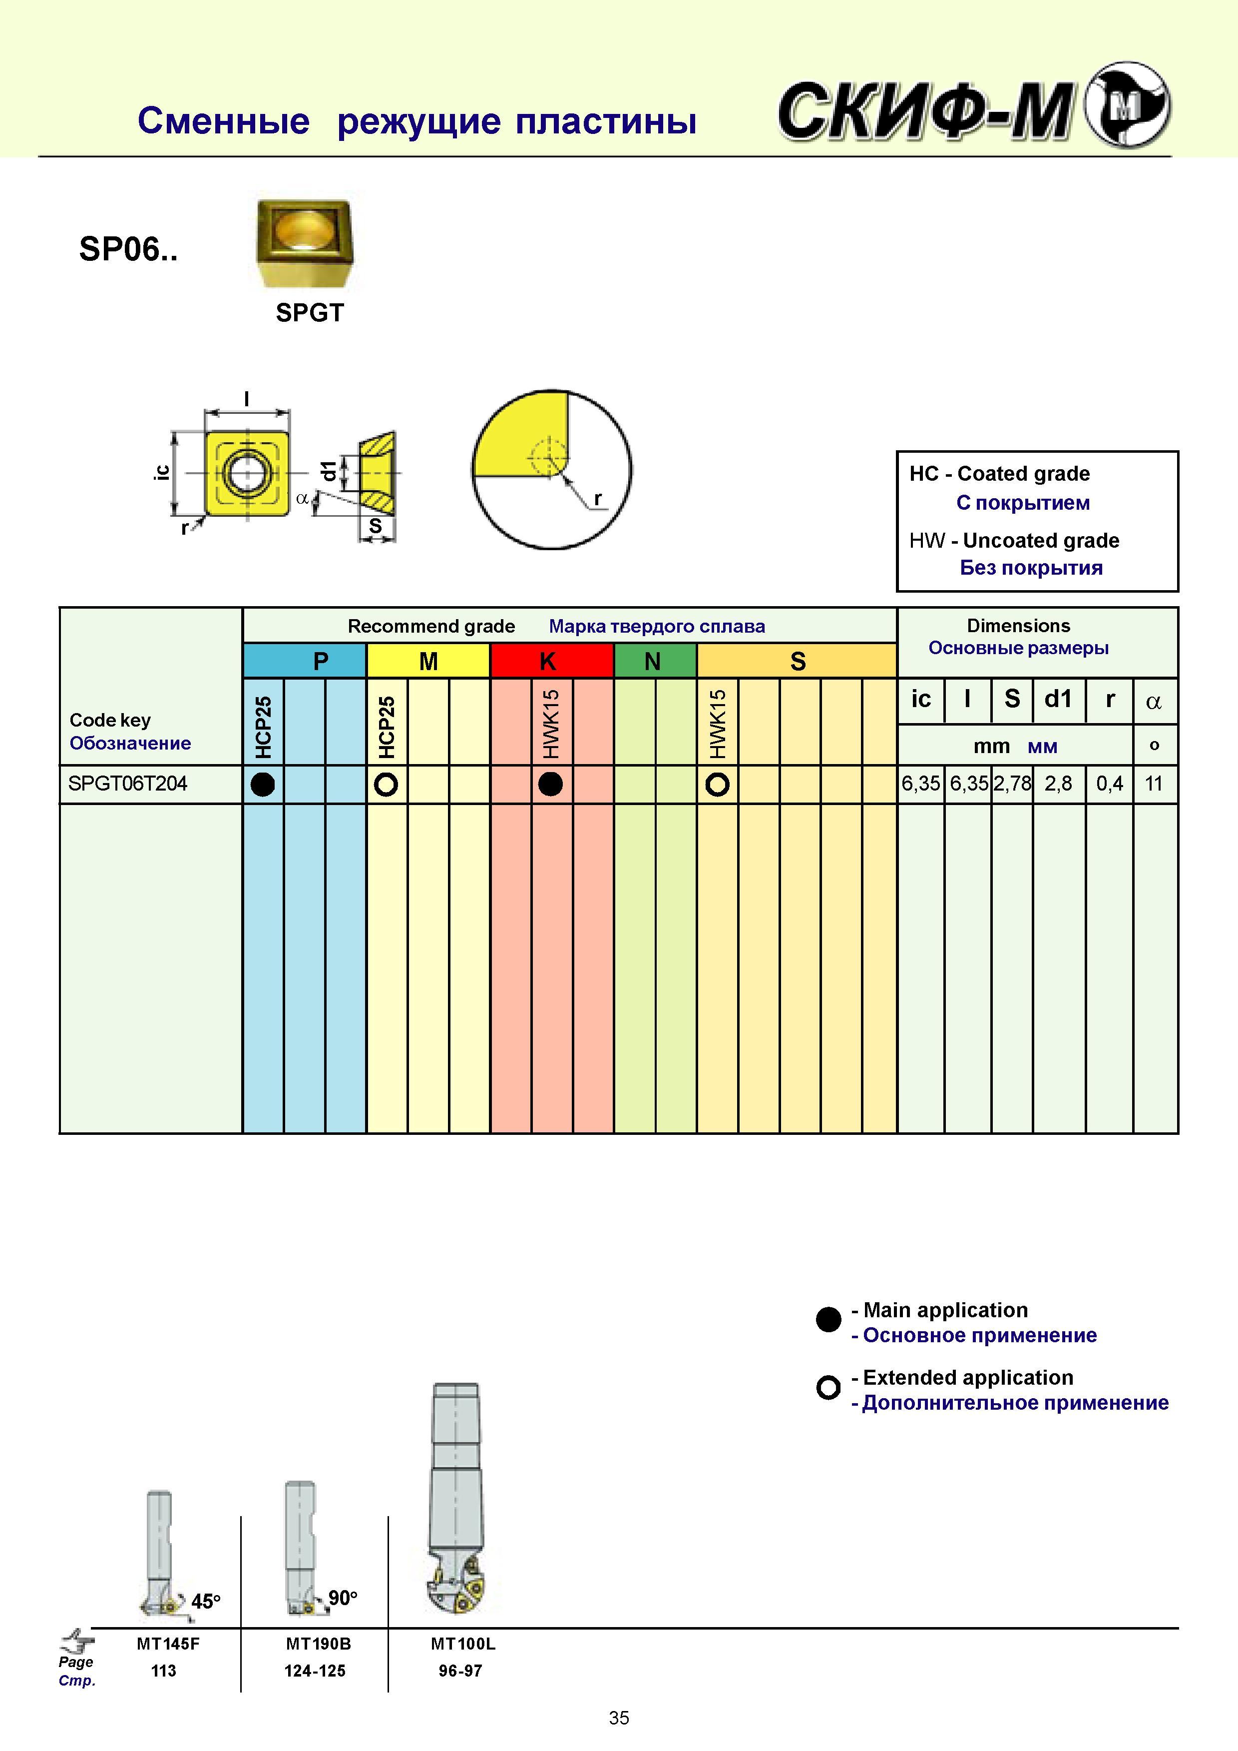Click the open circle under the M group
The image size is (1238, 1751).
coord(387,784)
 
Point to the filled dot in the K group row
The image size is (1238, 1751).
coord(550,784)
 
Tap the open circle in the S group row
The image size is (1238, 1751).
coord(717,784)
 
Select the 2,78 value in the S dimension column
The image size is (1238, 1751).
coord(1012,783)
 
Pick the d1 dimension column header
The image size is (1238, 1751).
coord(1058,699)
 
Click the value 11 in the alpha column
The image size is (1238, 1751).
coord(1154,783)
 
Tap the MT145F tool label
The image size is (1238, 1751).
coord(168,1644)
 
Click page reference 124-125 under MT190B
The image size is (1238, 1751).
coord(315,1670)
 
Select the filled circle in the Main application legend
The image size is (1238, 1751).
coord(828,1319)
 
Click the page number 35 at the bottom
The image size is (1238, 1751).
coord(619,1718)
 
